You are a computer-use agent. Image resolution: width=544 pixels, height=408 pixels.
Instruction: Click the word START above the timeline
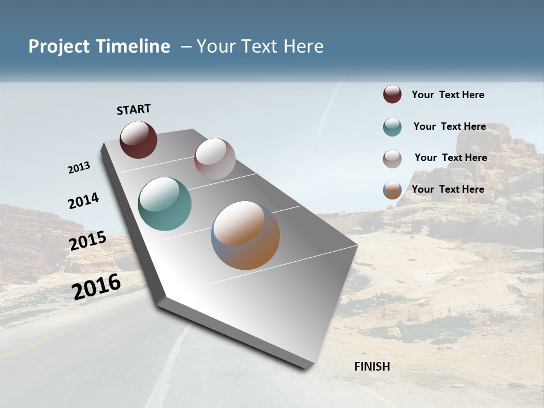(134, 109)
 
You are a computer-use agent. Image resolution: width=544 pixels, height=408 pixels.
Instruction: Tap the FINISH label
(372, 367)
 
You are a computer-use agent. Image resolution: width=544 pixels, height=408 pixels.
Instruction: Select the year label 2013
(79, 167)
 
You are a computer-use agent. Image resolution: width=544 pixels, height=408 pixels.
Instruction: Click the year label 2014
(83, 201)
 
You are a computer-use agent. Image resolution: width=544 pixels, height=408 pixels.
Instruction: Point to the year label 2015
(88, 241)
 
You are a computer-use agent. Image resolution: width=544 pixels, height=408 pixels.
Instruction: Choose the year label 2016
(96, 286)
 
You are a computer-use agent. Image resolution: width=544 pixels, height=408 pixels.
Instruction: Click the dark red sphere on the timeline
(138, 139)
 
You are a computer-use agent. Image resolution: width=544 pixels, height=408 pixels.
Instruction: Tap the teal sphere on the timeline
(164, 204)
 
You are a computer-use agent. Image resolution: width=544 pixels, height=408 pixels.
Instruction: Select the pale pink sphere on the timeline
(215, 159)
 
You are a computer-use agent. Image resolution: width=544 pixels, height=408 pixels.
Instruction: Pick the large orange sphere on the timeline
(245, 235)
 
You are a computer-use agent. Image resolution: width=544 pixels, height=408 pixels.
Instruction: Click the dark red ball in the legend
(392, 95)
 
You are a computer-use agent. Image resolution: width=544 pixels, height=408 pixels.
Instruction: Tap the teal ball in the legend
(392, 127)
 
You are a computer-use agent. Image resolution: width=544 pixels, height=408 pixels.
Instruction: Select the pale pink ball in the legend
(392, 159)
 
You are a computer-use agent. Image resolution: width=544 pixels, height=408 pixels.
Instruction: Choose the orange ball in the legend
(392, 190)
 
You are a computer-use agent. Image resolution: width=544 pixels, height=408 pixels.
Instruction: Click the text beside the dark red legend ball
(448, 95)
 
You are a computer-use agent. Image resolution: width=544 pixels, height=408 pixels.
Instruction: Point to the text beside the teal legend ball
(449, 126)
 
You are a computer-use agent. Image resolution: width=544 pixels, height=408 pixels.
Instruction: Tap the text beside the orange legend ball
(448, 189)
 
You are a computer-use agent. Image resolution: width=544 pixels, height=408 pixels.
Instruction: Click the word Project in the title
(59, 46)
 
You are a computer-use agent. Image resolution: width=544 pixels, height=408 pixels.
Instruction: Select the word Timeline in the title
(133, 46)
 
